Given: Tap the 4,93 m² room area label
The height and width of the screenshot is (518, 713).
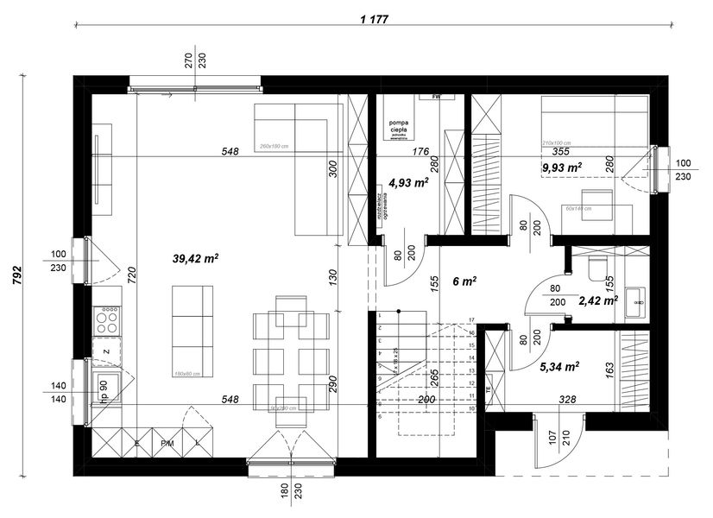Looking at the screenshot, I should pyautogui.click(x=408, y=182).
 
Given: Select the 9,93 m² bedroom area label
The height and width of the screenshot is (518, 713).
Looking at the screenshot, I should pyautogui.click(x=562, y=167).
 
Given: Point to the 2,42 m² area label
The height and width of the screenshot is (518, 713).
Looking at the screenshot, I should pyautogui.click(x=597, y=300).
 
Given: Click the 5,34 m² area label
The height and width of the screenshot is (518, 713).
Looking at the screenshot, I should pyautogui.click(x=559, y=366).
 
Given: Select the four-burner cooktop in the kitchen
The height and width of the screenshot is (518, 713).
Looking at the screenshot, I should pyautogui.click(x=108, y=321).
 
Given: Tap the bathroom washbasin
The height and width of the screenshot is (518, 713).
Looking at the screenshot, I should pyautogui.click(x=636, y=299).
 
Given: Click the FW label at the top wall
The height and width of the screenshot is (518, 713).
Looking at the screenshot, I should pyautogui.click(x=437, y=97).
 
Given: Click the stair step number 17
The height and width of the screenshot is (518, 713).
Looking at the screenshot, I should pyautogui.click(x=472, y=320).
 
